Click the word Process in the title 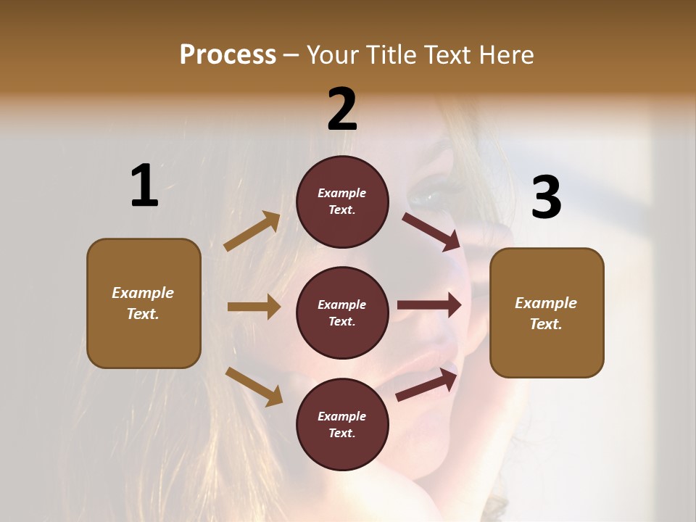tap(228, 54)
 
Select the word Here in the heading tap(505, 54)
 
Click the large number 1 tap(144, 186)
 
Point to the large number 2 tap(342, 109)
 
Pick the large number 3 tap(546, 197)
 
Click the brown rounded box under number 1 tap(144, 303)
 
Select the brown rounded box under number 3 tap(547, 313)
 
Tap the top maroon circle tap(342, 202)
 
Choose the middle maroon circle tap(342, 313)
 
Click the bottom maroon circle tap(342, 425)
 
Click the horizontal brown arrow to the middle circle tap(254, 307)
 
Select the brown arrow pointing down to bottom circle tap(254, 386)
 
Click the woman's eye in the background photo tap(432, 196)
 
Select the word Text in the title tap(447, 54)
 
